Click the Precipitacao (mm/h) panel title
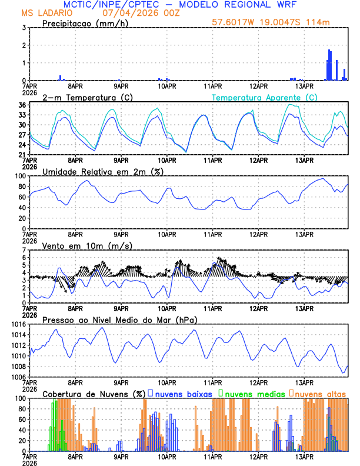[x=85, y=23]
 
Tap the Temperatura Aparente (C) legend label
[x=264, y=97]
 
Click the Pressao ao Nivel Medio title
[x=119, y=319]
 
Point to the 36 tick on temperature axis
[x=21, y=105]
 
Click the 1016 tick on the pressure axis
[x=18, y=324]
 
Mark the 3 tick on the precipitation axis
[x=24, y=28]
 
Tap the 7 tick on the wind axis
[x=24, y=250]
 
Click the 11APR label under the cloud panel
[x=213, y=456]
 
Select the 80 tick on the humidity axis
[x=21, y=187]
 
